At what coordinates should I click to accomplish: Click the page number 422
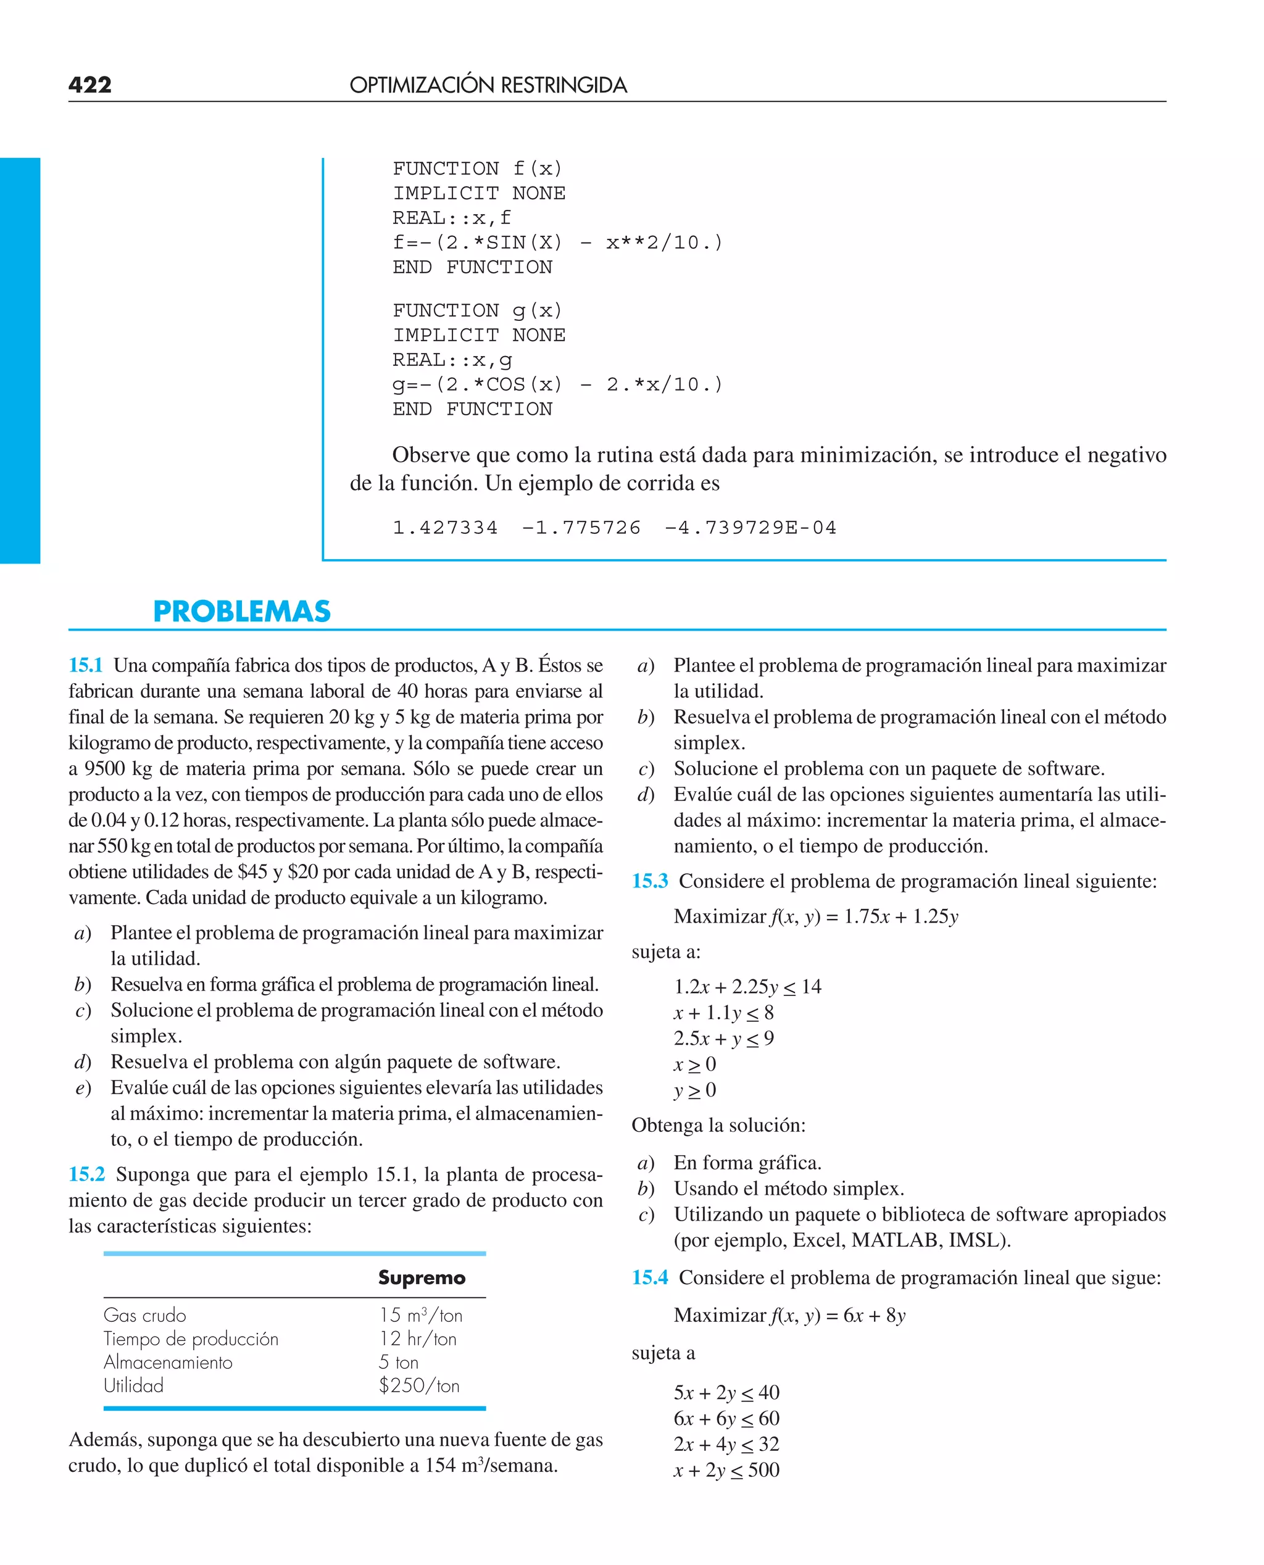pos(90,85)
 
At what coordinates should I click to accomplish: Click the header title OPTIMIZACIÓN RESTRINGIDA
pos(488,85)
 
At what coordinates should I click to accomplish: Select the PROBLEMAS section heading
pos(242,612)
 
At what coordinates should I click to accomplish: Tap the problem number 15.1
pos(85,665)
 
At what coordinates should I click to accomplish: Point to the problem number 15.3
pos(649,881)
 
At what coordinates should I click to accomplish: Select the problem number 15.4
pos(649,1277)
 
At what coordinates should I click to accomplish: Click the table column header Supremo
pos(422,1277)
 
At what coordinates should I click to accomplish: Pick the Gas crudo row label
pos(145,1315)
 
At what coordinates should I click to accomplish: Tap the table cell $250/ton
pos(418,1385)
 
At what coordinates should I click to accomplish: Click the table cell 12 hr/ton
pos(417,1339)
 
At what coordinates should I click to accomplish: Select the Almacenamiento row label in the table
pos(168,1362)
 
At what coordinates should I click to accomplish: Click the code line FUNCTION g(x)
pos(478,311)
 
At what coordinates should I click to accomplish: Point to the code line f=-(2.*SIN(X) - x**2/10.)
pos(558,243)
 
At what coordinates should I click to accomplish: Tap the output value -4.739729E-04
pos(750,528)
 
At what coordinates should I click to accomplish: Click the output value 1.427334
pos(445,528)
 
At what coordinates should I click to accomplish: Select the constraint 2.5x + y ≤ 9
pos(724,1039)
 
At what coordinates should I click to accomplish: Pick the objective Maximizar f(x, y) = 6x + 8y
pos(789,1315)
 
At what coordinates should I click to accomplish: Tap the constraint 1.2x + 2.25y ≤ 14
pos(747,987)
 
